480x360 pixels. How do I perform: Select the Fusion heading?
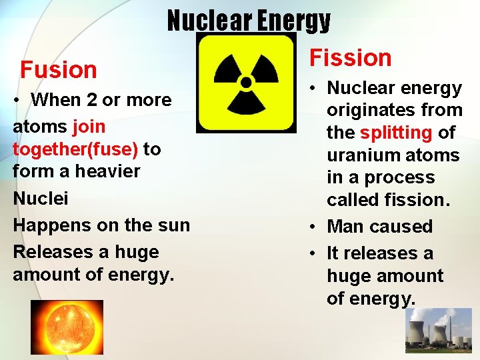pyautogui.click(x=59, y=69)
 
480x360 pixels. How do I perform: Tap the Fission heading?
pyautogui.click(x=351, y=58)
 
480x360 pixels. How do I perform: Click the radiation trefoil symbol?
pyautogui.click(x=246, y=83)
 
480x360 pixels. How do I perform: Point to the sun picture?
pyautogui.click(x=57, y=326)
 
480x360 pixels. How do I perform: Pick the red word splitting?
pyautogui.click(x=397, y=133)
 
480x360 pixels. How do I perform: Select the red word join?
pyautogui.click(x=89, y=125)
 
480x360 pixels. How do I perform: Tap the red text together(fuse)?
pyautogui.click(x=75, y=149)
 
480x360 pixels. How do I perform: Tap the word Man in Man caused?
pyautogui.click(x=345, y=227)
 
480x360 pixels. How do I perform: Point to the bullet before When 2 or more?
pyautogui.click(x=19, y=101)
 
